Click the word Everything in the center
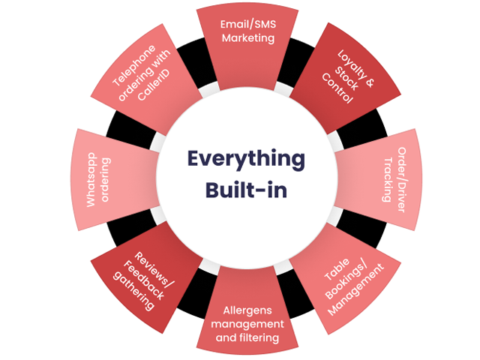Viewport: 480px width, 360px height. click(x=246, y=160)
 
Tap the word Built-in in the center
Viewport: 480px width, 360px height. click(x=246, y=188)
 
